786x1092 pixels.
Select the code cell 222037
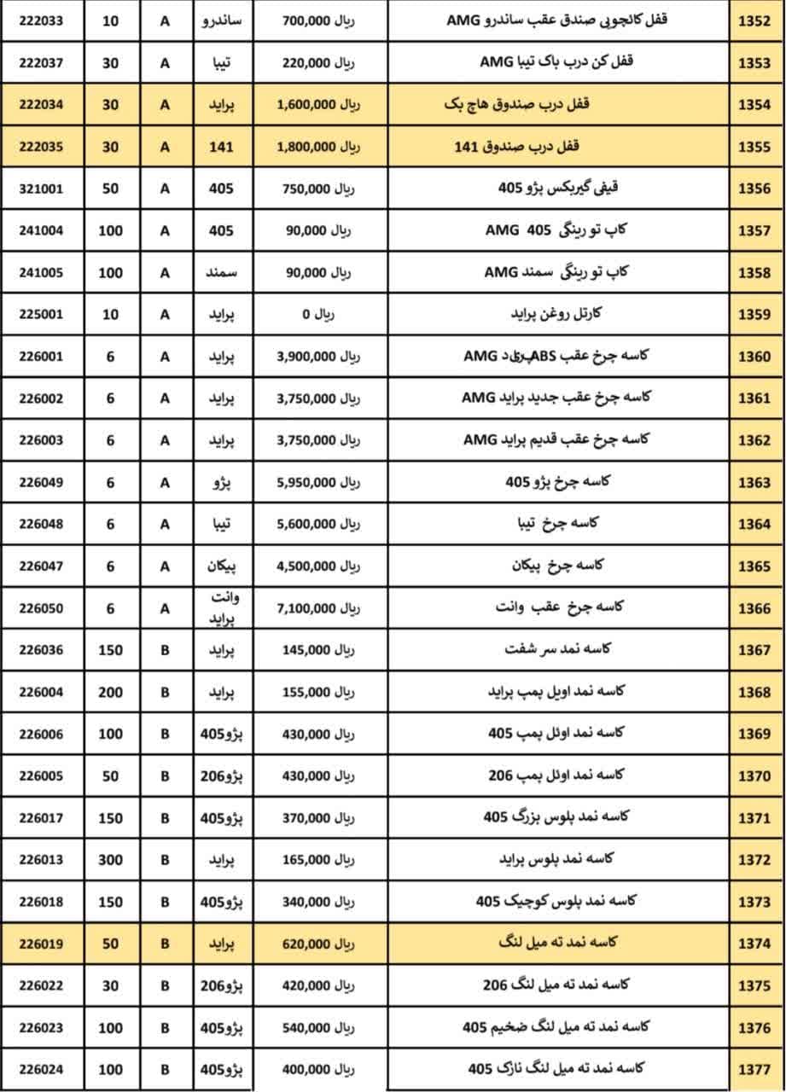click(41, 62)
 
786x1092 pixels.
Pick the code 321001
click(41, 189)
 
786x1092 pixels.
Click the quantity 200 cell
click(110, 692)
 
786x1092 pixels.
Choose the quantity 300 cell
click(110, 860)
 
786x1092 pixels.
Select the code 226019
click(41, 944)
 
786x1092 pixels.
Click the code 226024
click(41, 1069)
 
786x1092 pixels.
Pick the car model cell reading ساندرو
click(224, 20)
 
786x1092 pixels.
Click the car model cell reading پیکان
click(224, 566)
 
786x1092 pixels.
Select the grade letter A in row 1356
click(165, 189)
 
